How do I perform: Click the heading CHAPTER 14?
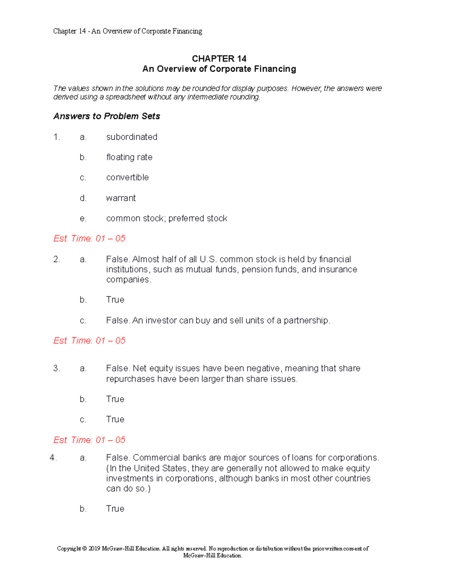tap(219, 59)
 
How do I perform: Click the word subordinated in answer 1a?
tap(131, 137)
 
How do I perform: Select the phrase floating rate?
tap(129, 157)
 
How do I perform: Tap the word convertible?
tap(127, 177)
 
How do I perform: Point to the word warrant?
tap(121, 198)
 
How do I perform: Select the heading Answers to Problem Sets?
tap(107, 116)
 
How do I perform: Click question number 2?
tap(56, 260)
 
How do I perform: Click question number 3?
tap(56, 368)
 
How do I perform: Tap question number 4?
tap(53, 458)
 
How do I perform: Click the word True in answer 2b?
tap(115, 300)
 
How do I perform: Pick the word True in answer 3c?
tap(115, 420)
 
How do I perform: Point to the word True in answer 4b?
tap(115, 509)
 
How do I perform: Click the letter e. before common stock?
tap(83, 218)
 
